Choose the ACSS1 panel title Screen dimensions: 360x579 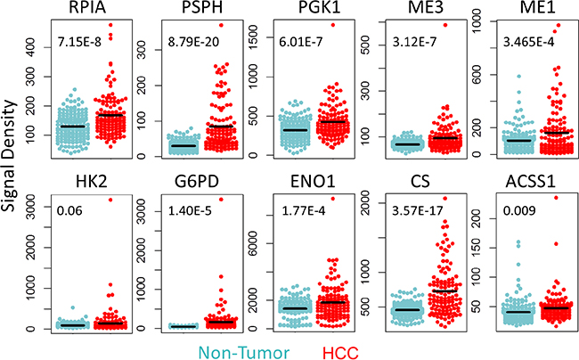coord(529,184)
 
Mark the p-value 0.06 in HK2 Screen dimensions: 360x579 coord(67,211)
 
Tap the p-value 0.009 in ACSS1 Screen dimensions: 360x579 coord(518,211)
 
